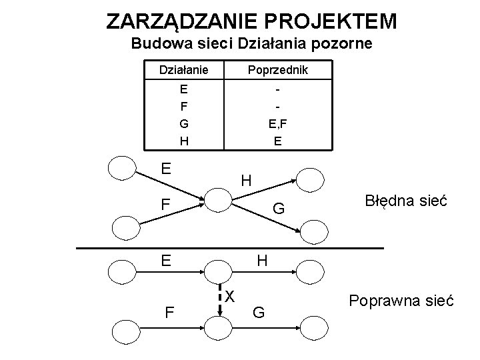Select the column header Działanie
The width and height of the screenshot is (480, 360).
183,69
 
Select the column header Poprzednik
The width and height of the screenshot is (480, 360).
277,69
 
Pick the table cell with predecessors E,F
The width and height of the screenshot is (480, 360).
277,123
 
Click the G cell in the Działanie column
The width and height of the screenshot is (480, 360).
183,123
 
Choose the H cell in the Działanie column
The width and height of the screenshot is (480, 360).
183,141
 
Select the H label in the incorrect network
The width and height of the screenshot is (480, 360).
246,180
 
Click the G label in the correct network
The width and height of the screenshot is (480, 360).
259,311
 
